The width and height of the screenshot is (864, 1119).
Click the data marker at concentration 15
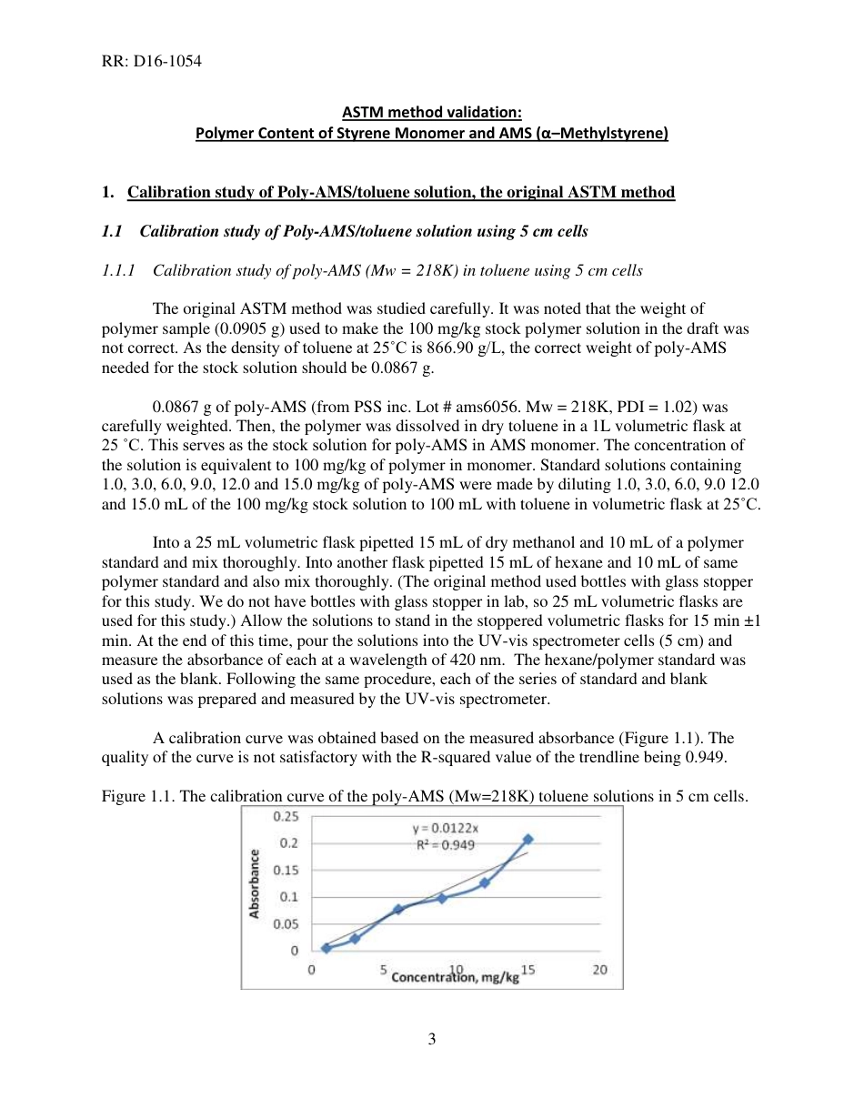click(527, 839)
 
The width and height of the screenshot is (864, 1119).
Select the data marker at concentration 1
click(326, 948)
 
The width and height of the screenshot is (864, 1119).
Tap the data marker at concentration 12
click(485, 882)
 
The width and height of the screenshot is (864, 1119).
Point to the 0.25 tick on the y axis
click(286, 816)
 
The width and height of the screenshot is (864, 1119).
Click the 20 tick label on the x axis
click(600, 970)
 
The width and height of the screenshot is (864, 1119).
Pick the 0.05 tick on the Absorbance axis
click(286, 924)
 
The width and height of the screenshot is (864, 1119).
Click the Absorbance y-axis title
click(256, 882)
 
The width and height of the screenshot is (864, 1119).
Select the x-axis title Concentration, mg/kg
click(455, 977)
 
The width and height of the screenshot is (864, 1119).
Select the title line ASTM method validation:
click(432, 113)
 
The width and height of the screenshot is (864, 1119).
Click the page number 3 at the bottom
click(432, 1039)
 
